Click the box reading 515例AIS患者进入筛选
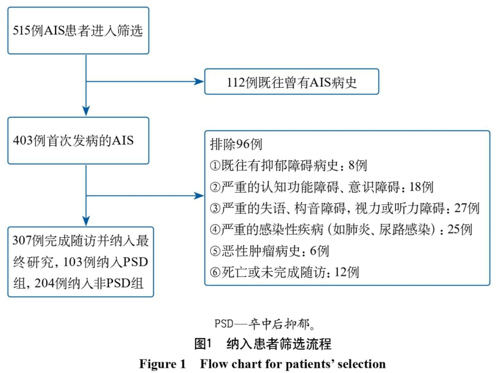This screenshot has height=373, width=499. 78,30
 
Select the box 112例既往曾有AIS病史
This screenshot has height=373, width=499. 292,81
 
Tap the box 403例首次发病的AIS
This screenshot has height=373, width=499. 78,141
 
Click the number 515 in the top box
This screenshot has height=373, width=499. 21,30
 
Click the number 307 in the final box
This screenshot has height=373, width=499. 21,241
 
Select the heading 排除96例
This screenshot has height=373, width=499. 236,145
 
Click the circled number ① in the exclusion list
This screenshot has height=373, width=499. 215,166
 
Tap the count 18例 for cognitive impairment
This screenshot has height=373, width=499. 421,187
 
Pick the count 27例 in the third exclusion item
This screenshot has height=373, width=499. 467,208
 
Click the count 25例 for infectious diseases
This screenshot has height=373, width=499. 460,230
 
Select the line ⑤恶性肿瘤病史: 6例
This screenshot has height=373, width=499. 269,251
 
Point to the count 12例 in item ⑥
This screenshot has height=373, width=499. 347,272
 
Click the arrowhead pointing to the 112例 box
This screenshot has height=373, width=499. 199,81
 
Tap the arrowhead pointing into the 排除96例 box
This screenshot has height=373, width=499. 199,196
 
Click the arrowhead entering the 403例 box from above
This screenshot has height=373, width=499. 86,111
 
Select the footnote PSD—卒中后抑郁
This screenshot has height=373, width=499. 265,324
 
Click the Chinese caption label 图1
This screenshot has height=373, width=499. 203,344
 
